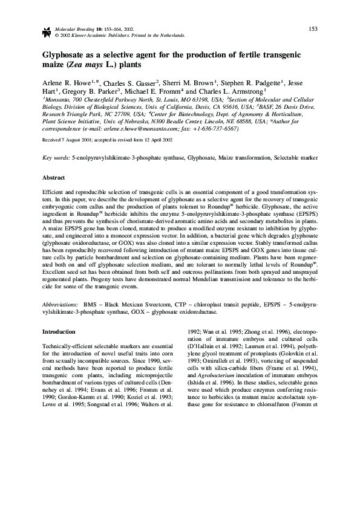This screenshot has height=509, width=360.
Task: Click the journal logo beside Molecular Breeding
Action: (46, 30)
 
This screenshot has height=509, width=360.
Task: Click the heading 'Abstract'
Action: (53, 178)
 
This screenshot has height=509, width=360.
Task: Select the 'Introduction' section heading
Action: (59, 332)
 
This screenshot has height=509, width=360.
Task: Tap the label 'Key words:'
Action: (56, 157)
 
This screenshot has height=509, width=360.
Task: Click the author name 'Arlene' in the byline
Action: (54, 83)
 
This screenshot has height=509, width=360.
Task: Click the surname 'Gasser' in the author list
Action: (142, 83)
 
